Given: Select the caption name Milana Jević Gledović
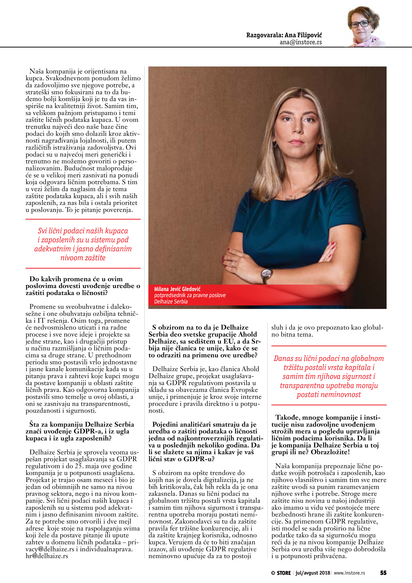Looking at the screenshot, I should [x=177, y=289].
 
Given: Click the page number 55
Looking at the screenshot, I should [x=383, y=573].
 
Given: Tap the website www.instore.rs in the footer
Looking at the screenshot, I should [x=349, y=573].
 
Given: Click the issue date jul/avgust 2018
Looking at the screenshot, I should [x=313, y=573].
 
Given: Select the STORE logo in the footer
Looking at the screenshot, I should [x=281, y=573].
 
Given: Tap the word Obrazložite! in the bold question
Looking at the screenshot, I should [x=330, y=452].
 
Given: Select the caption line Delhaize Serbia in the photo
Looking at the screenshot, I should [x=171, y=302].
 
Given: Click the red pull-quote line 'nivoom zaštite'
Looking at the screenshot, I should [x=83, y=258].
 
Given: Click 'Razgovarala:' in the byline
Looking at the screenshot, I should [x=264, y=35].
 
